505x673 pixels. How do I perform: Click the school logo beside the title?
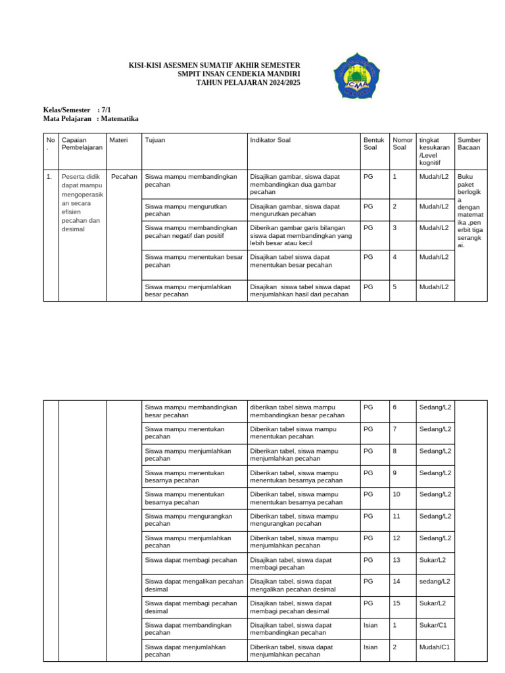[356, 78]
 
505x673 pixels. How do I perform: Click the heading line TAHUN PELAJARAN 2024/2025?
[243, 83]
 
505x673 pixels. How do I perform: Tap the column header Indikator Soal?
[270, 140]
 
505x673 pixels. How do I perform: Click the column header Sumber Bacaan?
[469, 144]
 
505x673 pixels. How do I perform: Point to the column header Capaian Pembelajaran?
[82, 144]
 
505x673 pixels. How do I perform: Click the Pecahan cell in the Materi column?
[124, 177]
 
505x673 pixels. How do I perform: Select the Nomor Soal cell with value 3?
[395, 227]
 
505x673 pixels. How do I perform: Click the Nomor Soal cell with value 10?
[397, 494]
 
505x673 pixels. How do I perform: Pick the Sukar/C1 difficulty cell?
[434, 625]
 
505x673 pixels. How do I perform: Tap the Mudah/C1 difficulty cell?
[435, 647]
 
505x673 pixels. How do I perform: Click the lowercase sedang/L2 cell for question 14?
[435, 581]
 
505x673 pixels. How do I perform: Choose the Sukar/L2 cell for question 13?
[433, 559]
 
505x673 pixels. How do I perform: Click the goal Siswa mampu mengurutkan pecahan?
[185, 210]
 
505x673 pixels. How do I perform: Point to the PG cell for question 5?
[368, 287]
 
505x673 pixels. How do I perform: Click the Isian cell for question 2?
[371, 647]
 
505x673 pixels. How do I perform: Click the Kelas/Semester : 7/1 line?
[77, 110]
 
